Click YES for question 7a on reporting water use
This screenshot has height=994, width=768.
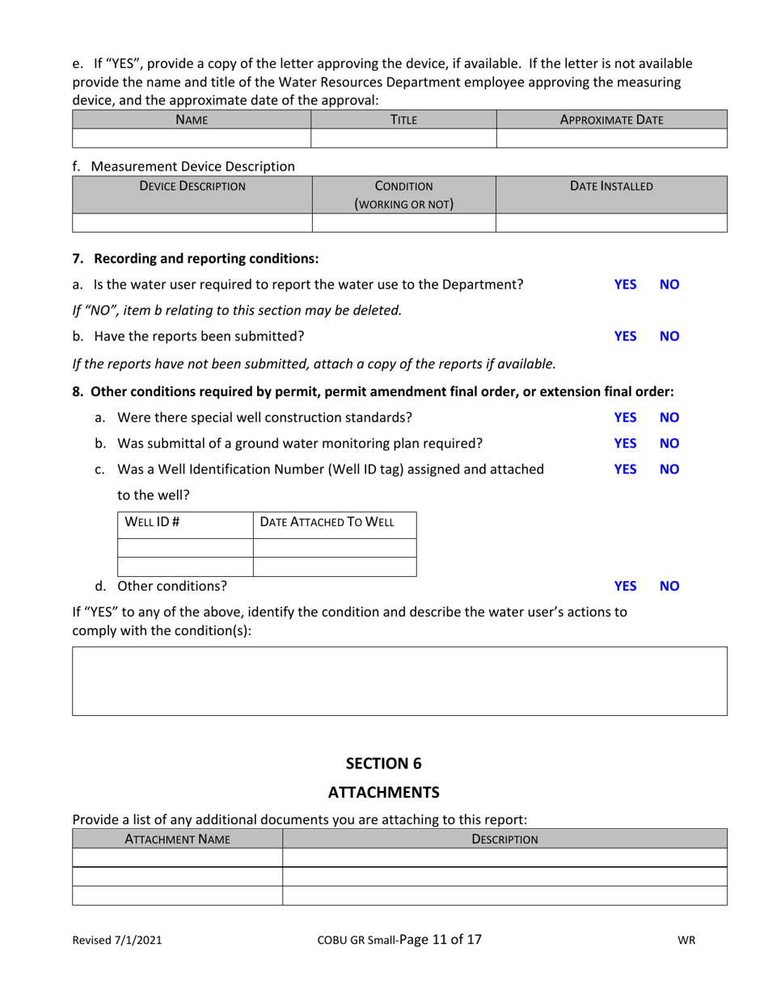(625, 284)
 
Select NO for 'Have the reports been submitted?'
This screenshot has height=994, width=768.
(669, 336)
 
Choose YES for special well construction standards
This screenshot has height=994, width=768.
(625, 418)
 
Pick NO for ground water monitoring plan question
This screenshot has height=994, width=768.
(669, 443)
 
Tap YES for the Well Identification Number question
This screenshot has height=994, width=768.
(625, 469)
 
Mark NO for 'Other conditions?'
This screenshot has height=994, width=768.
(669, 586)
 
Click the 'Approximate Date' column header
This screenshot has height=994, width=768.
(611, 120)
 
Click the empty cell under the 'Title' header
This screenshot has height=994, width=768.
(403, 138)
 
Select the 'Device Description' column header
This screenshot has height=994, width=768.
(192, 186)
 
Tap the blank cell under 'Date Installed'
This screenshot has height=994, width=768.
(611, 222)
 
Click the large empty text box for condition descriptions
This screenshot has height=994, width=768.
(399, 680)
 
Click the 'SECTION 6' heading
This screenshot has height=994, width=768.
(384, 763)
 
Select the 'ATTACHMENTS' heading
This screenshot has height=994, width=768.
(384, 791)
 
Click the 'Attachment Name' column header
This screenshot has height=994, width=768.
(177, 839)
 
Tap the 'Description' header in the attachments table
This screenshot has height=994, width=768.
(504, 839)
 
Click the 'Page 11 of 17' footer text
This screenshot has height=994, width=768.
(441, 939)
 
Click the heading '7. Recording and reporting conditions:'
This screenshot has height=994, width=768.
(196, 259)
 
